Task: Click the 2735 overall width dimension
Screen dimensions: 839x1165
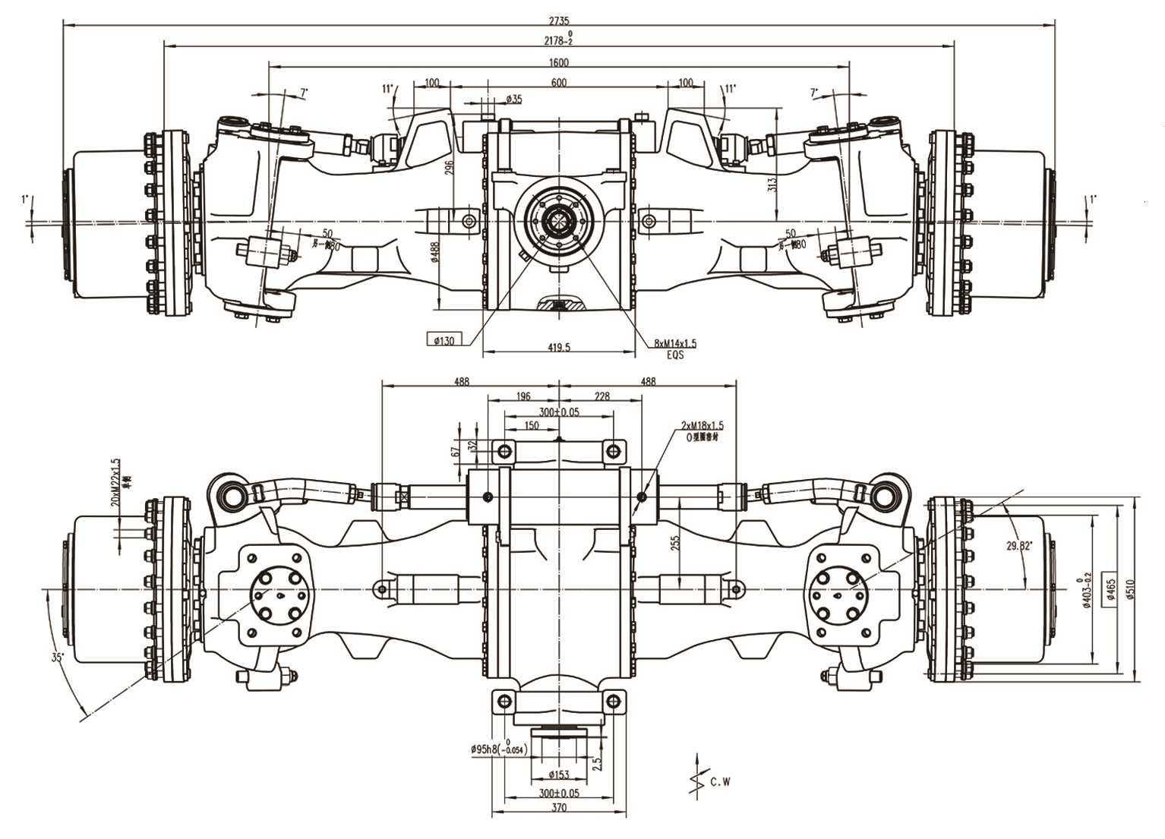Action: pos(560,21)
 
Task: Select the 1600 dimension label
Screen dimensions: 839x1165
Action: pos(559,62)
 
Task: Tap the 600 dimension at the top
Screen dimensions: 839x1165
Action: pos(559,82)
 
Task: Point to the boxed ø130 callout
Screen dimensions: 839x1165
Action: pos(444,340)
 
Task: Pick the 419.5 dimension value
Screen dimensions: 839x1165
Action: pos(558,347)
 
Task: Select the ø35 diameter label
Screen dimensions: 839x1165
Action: pos(513,99)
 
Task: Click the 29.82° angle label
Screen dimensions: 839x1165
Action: pos(1018,545)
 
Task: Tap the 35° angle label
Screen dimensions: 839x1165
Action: pos(58,657)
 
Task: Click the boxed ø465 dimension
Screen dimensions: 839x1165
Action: pos(1110,588)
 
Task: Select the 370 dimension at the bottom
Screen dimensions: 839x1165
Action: pos(558,808)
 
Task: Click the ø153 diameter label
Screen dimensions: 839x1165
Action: pos(558,774)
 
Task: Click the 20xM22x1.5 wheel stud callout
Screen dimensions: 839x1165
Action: pos(116,482)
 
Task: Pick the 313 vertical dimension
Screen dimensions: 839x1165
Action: pos(772,183)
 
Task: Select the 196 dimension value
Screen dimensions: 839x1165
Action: pos(523,396)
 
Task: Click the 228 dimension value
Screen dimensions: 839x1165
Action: pos(601,396)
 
